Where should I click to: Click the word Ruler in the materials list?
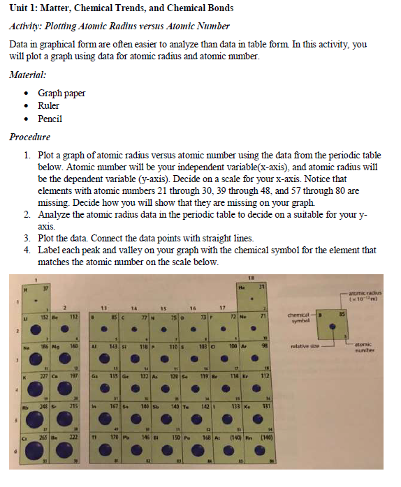tap(50, 106)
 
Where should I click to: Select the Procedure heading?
tap(30, 137)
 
